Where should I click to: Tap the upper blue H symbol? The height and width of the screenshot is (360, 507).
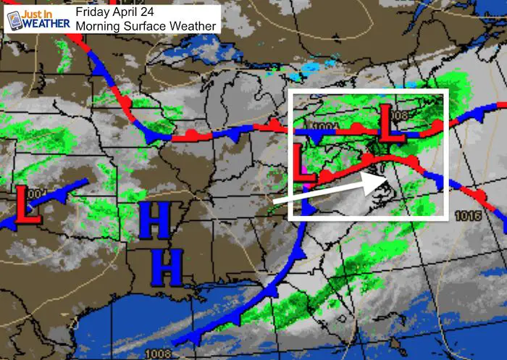(x=154, y=222)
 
